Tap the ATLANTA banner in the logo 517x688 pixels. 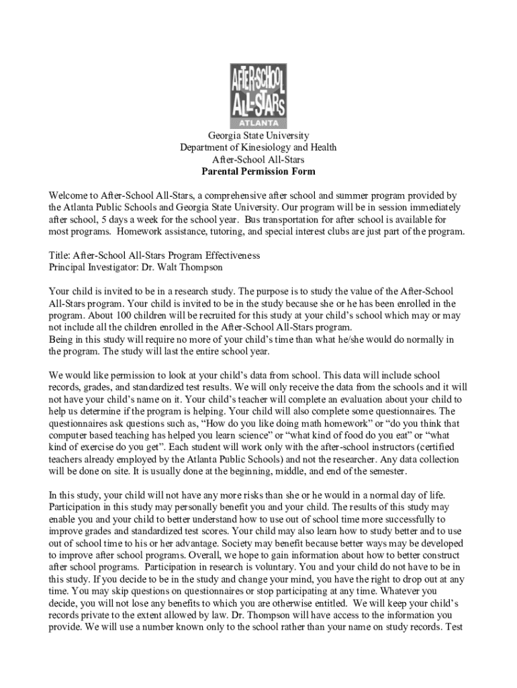tap(258, 124)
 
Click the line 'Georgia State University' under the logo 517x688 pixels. tap(258, 136)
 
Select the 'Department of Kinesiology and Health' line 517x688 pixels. tap(258, 148)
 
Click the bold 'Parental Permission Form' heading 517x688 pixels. tap(258, 172)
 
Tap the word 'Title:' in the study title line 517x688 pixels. tap(60, 256)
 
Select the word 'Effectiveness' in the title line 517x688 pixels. tap(230, 256)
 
